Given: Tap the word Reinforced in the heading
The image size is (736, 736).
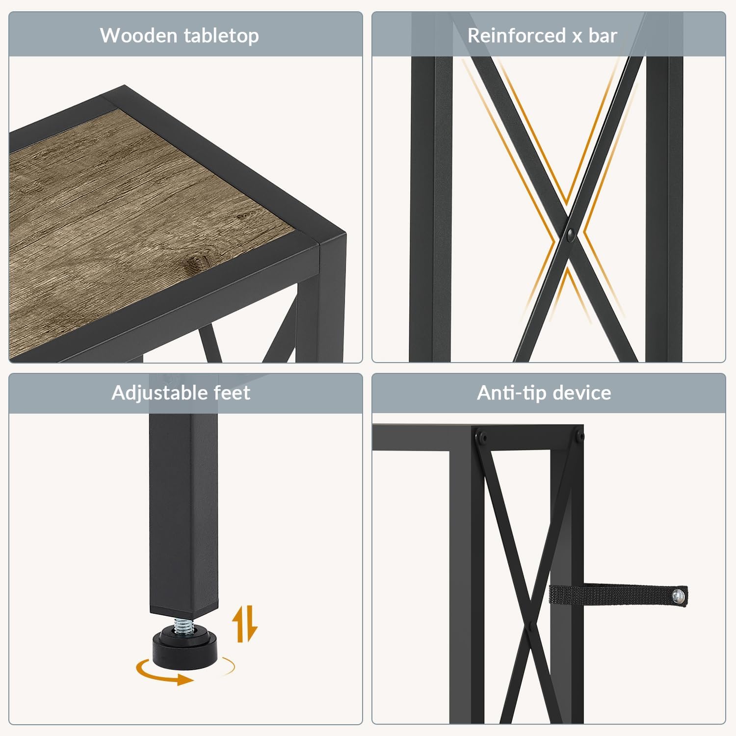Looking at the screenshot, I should (517, 35).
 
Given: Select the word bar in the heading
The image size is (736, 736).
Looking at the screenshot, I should (603, 35).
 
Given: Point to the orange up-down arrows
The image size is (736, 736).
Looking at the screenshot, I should (244, 624).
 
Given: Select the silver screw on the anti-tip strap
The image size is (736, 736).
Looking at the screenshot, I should (678, 596).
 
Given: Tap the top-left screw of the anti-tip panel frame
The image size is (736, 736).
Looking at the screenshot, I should (481, 436).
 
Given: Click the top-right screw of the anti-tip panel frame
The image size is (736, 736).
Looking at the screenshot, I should (579, 436).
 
